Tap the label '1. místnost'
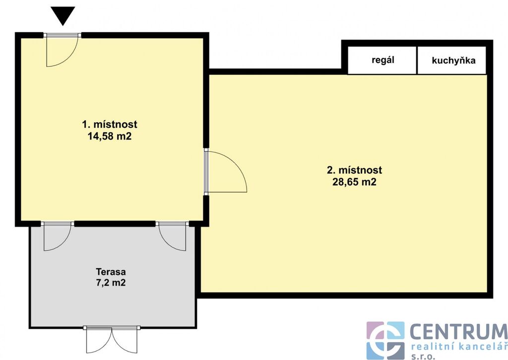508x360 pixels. [110, 124]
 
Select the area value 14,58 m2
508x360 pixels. [110, 136]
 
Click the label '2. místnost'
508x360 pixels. [354, 170]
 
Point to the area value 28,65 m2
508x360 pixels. [354, 182]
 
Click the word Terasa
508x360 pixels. [111, 271]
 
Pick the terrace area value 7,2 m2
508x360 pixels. [111, 283]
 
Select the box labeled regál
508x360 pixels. [382, 60]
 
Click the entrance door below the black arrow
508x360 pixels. [62, 50]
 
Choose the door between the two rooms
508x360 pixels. [226, 172]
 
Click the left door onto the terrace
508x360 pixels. [58, 236]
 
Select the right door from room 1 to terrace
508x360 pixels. [172, 236]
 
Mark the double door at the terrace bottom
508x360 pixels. [112, 340]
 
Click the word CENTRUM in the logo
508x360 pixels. [459, 332]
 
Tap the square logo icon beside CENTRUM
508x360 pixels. [385, 341]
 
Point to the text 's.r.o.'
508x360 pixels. [423, 357]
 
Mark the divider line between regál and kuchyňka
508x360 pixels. [417, 60]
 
